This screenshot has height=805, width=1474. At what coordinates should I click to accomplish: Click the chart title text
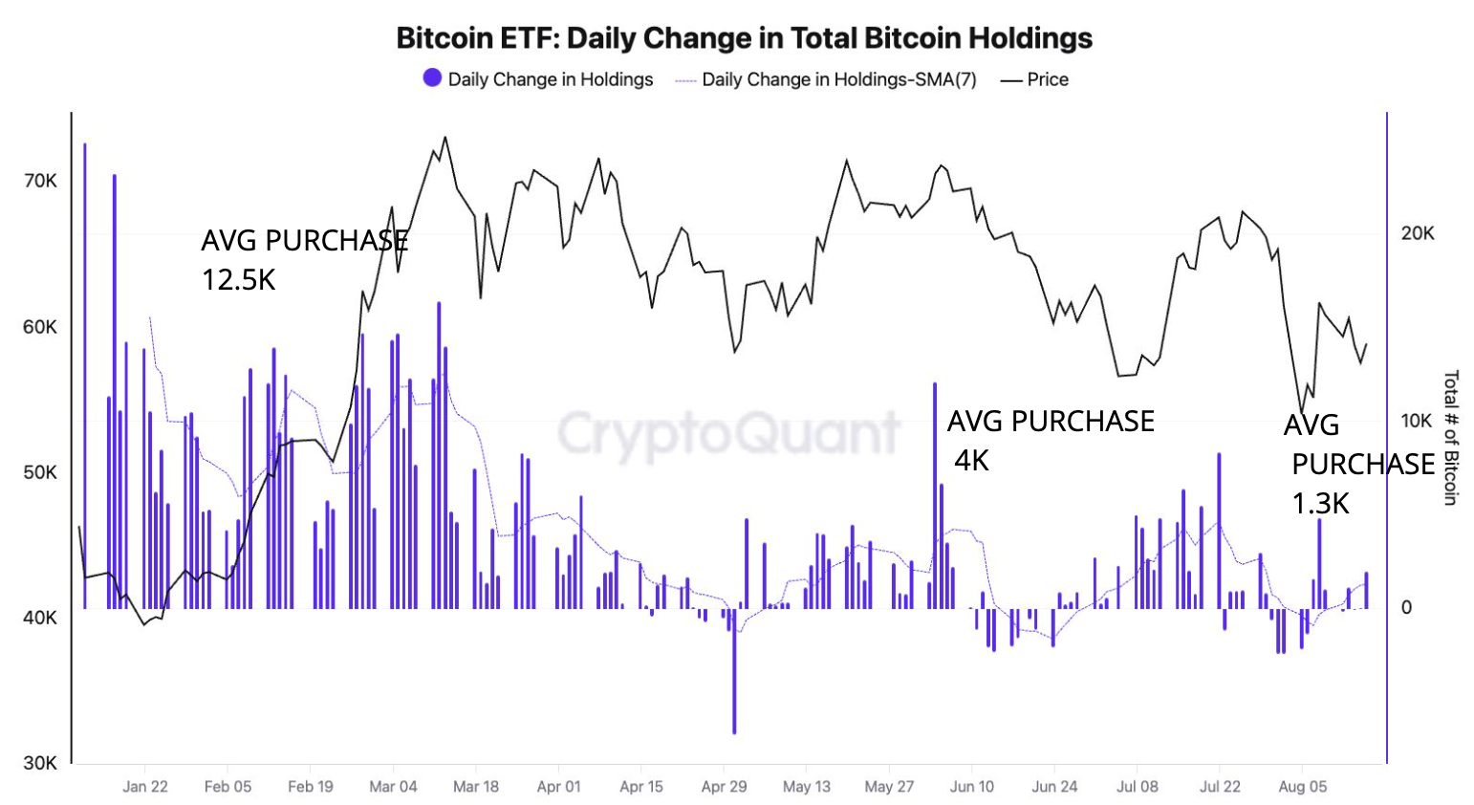click(744, 38)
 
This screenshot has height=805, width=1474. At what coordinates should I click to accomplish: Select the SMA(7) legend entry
click(826, 79)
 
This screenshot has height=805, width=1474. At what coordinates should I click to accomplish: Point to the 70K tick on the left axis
click(40, 181)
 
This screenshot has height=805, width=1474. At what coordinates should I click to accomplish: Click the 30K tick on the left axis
click(40, 763)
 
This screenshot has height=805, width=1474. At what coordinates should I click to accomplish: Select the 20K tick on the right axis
click(1417, 233)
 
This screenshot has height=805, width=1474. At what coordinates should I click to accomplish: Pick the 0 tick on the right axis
click(1405, 607)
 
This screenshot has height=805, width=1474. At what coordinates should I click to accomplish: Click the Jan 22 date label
click(145, 786)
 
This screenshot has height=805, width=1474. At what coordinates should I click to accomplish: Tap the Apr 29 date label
click(724, 786)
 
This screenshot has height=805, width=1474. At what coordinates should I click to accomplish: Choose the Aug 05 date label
click(1302, 786)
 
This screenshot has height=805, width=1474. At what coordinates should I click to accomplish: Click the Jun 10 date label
click(972, 786)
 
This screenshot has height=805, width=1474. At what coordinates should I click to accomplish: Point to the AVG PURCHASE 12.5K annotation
click(304, 259)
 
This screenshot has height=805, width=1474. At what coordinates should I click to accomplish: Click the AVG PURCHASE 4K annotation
click(1050, 440)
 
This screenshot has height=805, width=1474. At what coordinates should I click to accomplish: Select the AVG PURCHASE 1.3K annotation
click(1357, 464)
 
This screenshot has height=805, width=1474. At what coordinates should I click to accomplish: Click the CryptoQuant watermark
click(728, 433)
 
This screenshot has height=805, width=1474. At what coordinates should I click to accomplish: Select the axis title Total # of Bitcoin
click(1450, 437)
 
